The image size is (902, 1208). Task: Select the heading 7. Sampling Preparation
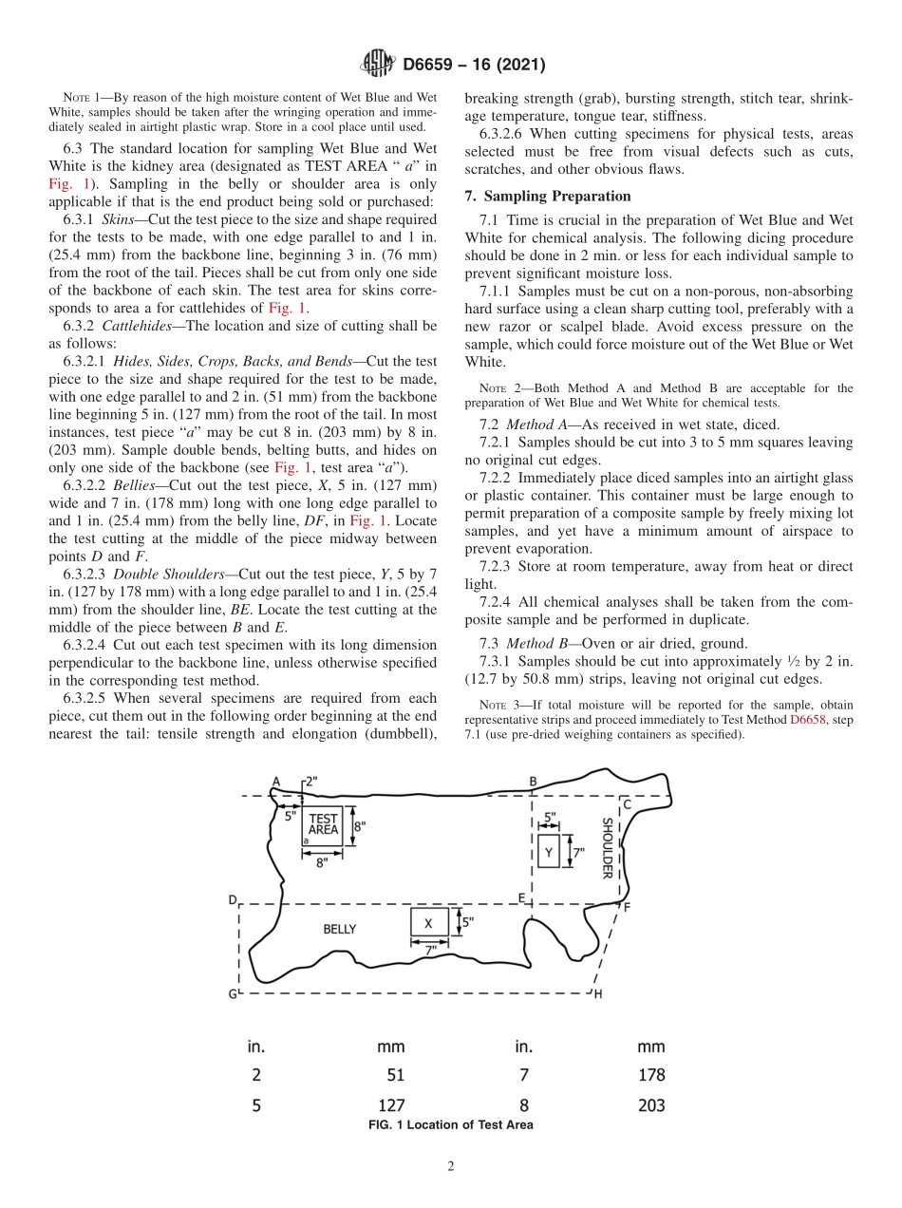(548, 197)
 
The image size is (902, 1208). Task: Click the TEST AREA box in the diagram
(323, 823)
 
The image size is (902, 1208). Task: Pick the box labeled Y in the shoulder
(549, 853)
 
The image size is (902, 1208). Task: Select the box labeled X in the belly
(428, 923)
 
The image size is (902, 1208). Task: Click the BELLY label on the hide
(340, 929)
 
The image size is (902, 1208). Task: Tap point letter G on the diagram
(233, 993)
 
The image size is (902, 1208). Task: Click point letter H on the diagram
(597, 994)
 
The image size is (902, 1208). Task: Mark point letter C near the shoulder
(627, 804)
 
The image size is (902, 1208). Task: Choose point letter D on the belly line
(233, 899)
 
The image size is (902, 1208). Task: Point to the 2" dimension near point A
(311, 781)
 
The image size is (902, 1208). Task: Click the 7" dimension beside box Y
(578, 853)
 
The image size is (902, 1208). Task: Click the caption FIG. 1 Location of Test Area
(450, 1124)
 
